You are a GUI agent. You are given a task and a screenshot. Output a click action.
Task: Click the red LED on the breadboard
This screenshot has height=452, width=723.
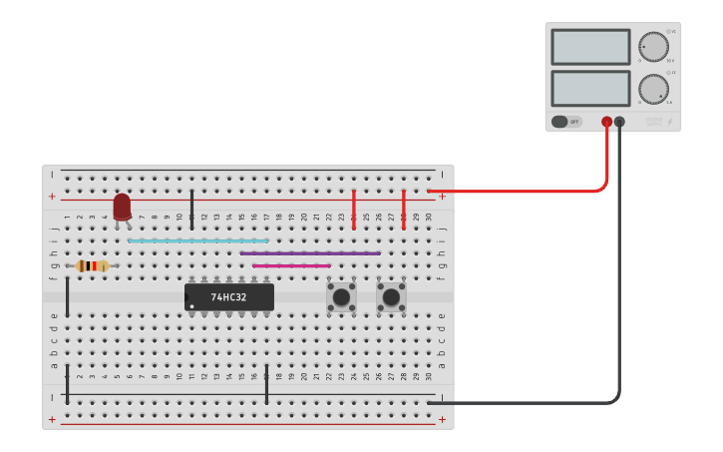tap(122, 206)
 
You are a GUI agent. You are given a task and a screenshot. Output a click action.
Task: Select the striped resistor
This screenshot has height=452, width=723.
tap(92, 265)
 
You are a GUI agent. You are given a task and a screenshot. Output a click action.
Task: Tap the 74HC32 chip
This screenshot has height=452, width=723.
tap(229, 296)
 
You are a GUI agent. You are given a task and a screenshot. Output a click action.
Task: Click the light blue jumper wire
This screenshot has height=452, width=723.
tap(198, 240)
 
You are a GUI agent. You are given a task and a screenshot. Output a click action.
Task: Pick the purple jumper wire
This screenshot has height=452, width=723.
tap(310, 253)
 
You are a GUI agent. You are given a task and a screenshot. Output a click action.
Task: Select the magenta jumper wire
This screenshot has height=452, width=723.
tap(291, 265)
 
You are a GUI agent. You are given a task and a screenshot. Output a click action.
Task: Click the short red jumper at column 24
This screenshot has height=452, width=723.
tap(354, 209)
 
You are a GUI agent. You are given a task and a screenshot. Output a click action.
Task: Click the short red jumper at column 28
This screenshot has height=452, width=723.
tap(404, 209)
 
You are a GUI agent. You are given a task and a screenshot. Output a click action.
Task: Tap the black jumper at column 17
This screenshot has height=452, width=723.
tap(266, 384)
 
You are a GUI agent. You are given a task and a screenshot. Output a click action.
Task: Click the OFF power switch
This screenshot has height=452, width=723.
tap(566, 122)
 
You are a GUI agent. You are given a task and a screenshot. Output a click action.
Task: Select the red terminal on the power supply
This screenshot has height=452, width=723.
tap(606, 122)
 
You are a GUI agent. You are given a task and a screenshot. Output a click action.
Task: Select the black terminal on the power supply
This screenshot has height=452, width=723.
tap(619, 122)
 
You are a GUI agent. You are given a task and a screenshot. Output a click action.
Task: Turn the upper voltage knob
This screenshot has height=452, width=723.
tap(654, 47)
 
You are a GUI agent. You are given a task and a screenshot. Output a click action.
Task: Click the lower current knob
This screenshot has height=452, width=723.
tap(654, 88)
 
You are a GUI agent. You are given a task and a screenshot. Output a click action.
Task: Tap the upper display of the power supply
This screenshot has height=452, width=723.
tap(590, 47)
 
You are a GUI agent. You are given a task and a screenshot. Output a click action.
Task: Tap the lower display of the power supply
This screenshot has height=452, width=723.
tap(590, 88)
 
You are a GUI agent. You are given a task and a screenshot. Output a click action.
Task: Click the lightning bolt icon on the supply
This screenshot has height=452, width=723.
tap(670, 123)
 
